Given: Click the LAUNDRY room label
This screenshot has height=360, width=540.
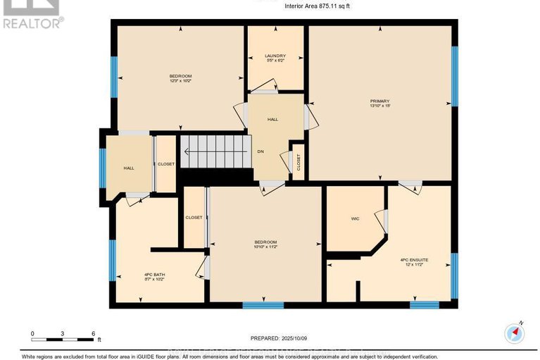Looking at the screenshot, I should click(x=275, y=56).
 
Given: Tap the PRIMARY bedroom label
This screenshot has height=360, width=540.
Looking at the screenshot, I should click(x=379, y=101).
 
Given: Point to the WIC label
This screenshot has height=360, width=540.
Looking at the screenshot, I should click(x=355, y=219).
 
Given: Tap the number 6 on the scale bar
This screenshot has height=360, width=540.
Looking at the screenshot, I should click(x=93, y=333).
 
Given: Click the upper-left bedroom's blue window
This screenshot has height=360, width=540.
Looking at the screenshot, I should click(x=114, y=77).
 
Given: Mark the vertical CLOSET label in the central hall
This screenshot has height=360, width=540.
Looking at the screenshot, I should click(x=298, y=162).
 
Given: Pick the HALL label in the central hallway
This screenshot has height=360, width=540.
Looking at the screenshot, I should click(x=272, y=119).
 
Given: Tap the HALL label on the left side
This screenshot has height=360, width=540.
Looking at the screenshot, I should click(x=129, y=168).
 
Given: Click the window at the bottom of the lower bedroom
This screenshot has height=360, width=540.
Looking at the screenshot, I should click(x=263, y=305).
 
